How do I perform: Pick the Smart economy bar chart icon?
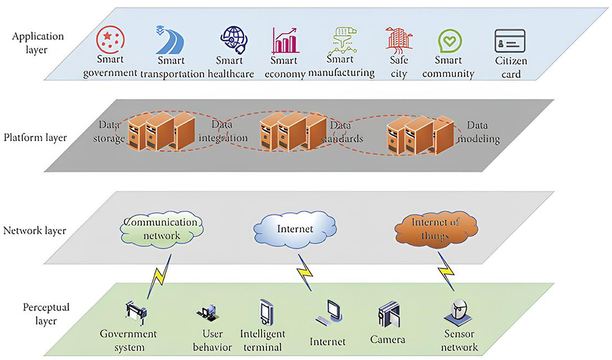pos(285,41)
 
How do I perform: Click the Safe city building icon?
pos(398,40)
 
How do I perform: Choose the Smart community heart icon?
pos(450,41)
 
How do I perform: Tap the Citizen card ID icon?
pos(509,41)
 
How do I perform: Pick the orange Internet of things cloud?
pos(437,229)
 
